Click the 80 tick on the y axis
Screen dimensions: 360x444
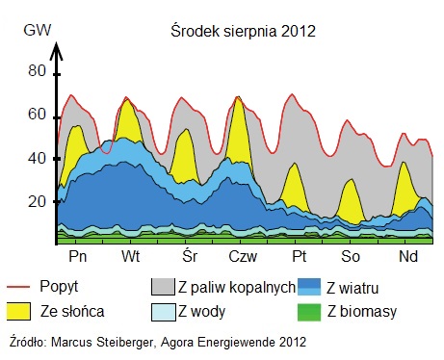(36, 70)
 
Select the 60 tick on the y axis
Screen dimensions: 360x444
(36, 114)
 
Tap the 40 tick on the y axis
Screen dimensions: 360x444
(36, 157)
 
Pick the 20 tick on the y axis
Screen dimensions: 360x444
(36, 200)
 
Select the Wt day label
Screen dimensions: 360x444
(132, 257)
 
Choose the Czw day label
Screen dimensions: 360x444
(243, 257)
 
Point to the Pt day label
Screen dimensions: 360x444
(300, 257)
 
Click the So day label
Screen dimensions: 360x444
(353, 257)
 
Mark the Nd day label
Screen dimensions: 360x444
(408, 257)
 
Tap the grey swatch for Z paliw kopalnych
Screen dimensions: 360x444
(161, 288)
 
